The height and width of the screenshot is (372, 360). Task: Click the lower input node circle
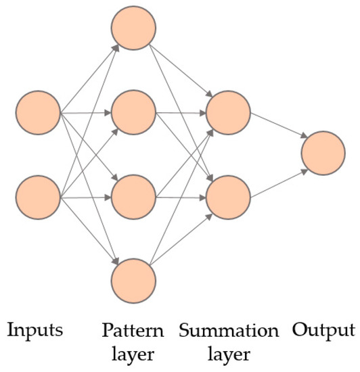tap(39, 197)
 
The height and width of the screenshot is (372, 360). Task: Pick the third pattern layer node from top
tap(134, 197)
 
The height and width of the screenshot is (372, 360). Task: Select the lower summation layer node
tap(229, 197)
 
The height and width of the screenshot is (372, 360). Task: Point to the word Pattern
tap(133, 331)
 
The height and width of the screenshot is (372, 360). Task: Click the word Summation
tap(229, 331)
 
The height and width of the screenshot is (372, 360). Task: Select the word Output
tap(323, 331)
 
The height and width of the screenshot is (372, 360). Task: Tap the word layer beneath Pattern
tap(133, 354)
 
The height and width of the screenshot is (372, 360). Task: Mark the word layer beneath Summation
tap(228, 354)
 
